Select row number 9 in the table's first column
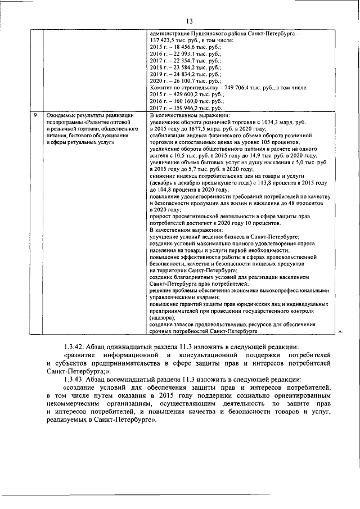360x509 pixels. click(x=35, y=115)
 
